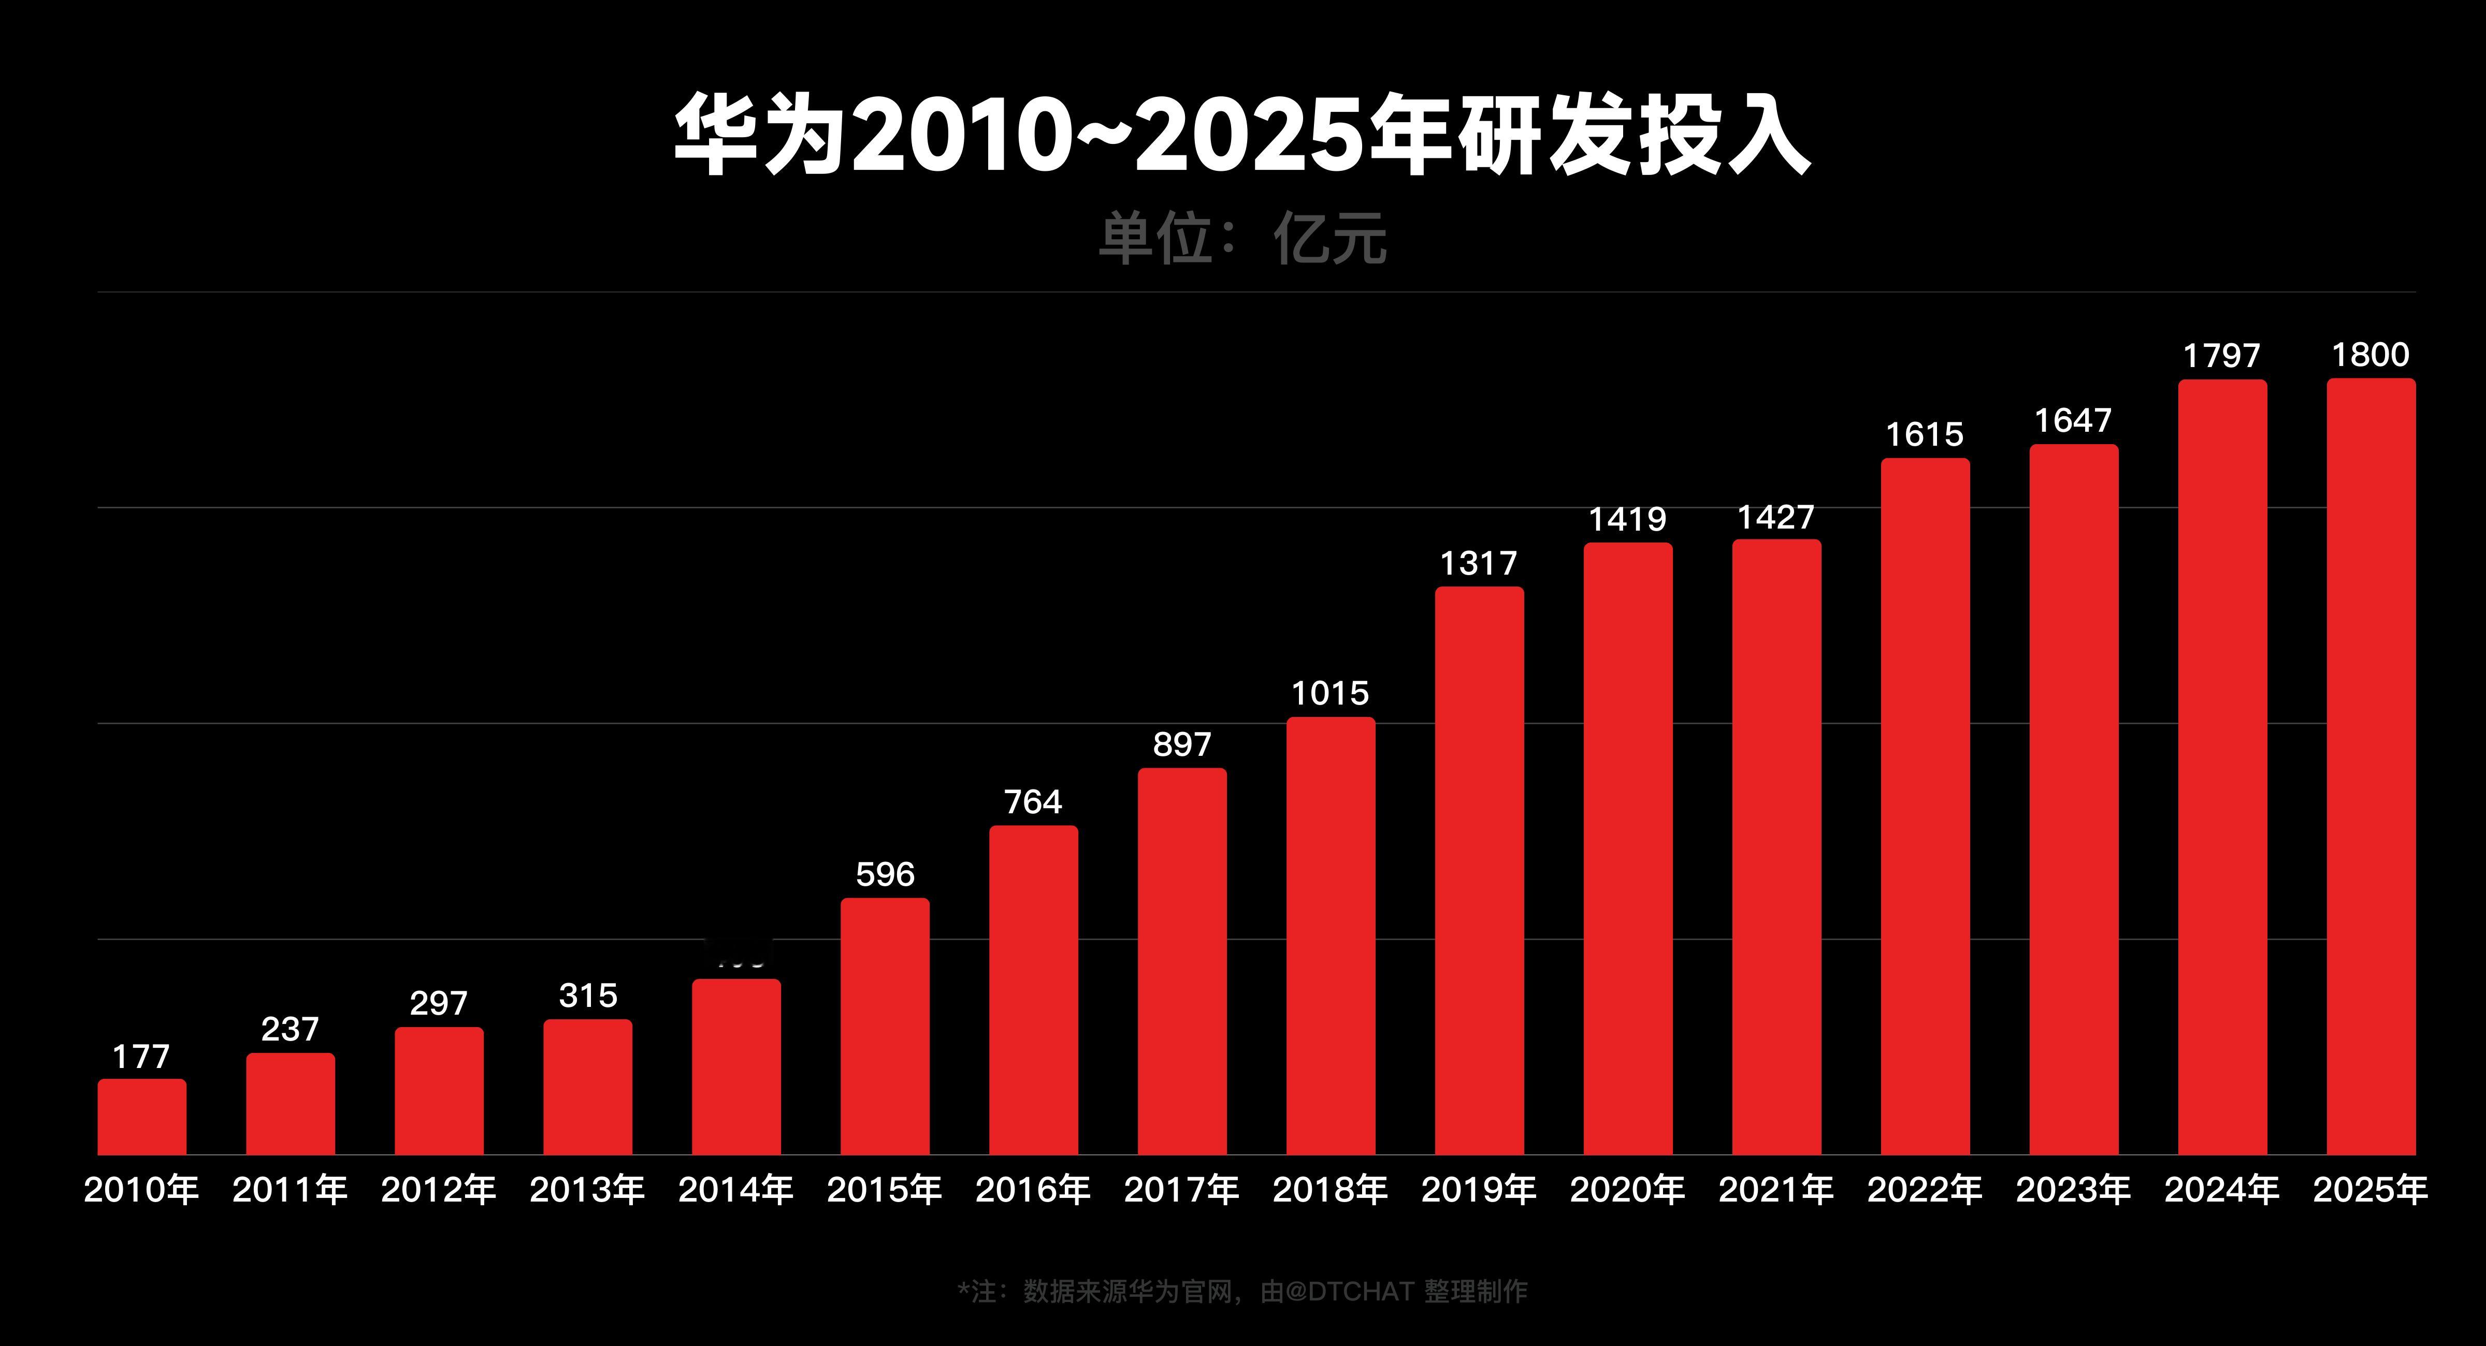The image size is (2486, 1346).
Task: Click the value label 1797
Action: click(2221, 356)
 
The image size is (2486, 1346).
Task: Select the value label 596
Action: click(885, 874)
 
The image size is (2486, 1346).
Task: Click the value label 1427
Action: click(1776, 517)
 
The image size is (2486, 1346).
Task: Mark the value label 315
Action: click(588, 995)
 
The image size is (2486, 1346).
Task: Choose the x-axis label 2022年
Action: click(1925, 1190)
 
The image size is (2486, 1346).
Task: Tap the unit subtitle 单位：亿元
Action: click(1242, 238)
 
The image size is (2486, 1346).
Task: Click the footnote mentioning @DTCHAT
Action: click(1242, 1291)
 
